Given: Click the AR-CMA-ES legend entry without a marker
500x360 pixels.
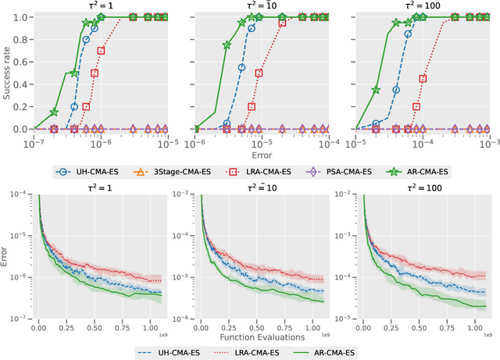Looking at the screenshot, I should [x=325, y=353].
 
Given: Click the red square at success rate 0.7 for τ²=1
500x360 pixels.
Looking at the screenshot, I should [x=101, y=50].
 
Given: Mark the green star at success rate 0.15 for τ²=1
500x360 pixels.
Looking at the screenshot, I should [x=54, y=112].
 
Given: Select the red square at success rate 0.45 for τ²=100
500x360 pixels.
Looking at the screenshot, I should [x=423, y=78].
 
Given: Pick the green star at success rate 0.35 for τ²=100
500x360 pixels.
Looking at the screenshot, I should [x=376, y=90].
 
